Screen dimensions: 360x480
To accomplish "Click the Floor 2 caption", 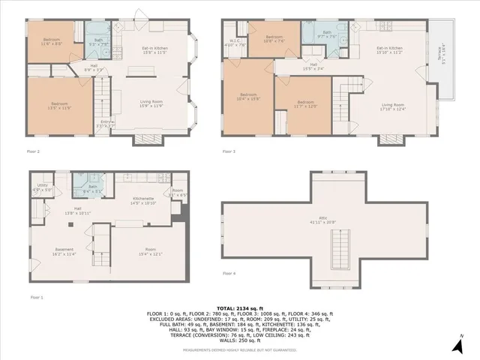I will coord(33,152).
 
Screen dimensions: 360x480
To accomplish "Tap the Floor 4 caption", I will coord(229,274).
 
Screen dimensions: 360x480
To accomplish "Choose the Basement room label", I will coord(63,251).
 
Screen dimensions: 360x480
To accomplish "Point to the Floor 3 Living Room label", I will coord(393,106).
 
